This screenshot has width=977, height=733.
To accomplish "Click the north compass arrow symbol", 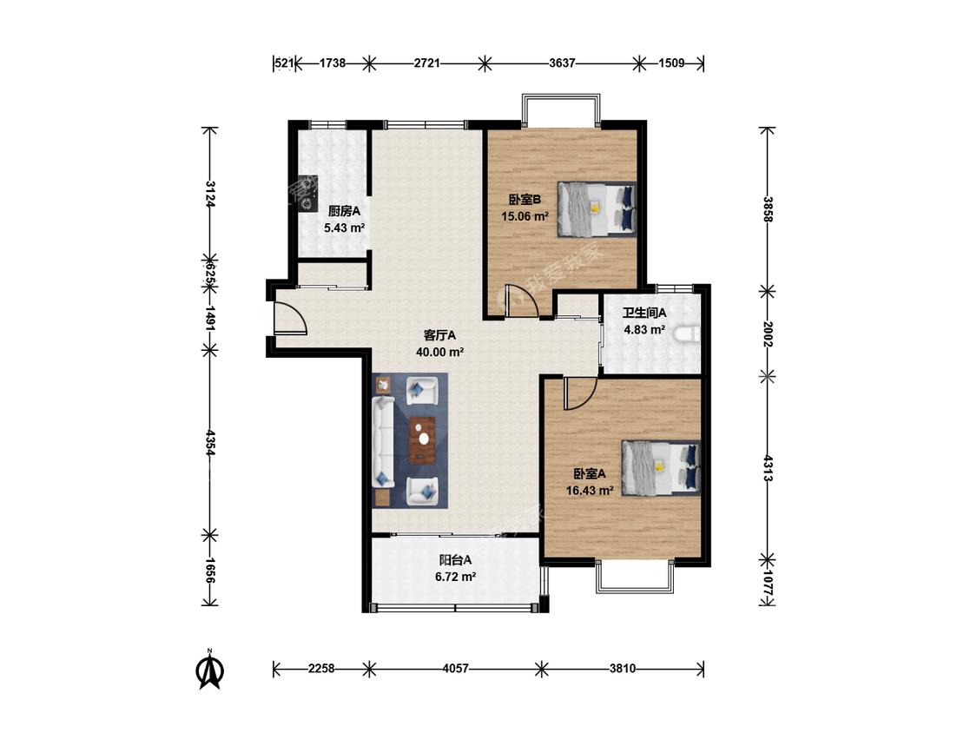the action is (x=211, y=670).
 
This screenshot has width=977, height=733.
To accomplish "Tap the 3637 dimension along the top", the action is (x=562, y=63).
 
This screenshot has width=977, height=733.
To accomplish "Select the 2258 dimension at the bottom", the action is (x=320, y=669).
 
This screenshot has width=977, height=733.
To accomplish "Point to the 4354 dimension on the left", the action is (x=211, y=443).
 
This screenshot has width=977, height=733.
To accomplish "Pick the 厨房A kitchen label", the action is (x=344, y=212).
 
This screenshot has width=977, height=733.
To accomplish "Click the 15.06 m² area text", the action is (x=525, y=217).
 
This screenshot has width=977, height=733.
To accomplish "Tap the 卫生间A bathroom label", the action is (x=644, y=313).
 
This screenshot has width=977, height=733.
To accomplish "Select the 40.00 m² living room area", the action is (x=440, y=352).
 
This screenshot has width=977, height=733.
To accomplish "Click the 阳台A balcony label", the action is (x=455, y=560).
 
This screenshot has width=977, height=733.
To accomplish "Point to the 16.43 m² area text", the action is (x=590, y=491).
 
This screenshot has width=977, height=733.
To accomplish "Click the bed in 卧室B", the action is (x=597, y=208).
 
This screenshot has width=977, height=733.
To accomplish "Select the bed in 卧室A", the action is (x=661, y=468).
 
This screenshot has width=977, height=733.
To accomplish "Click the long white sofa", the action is (x=383, y=443).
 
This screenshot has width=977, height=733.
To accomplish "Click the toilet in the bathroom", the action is (x=687, y=334).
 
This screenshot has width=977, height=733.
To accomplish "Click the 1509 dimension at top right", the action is (x=671, y=63).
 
